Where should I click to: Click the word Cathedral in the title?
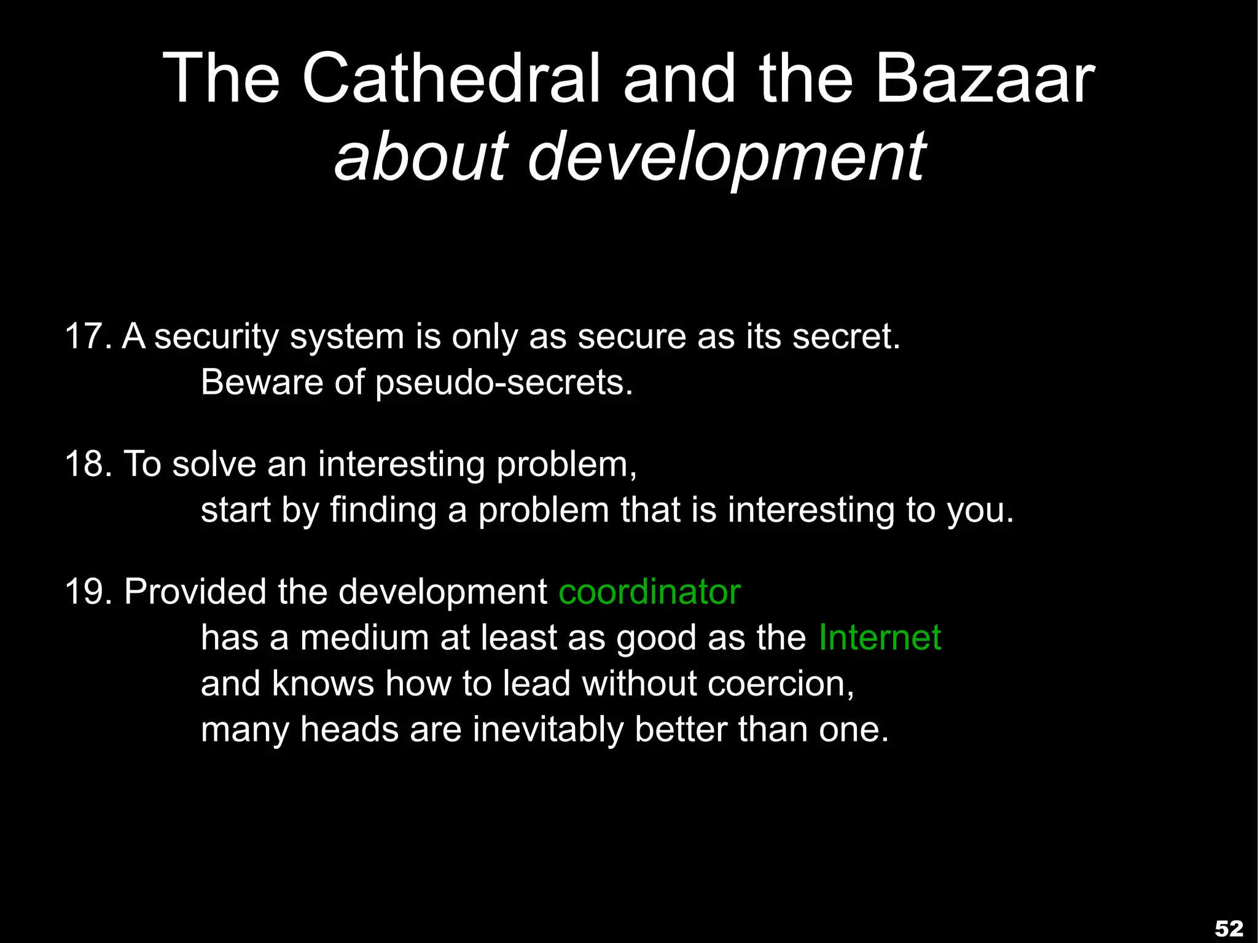tap(451, 79)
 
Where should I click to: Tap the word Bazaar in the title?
tap(985, 79)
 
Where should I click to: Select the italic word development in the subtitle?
tap(727, 157)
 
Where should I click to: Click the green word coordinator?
tap(649, 592)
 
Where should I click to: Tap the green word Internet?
tap(880, 638)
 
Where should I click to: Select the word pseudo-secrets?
tap(504, 383)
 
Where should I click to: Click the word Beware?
tap(262, 382)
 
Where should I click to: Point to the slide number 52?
tap(1229, 928)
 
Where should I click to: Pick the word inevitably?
tap(547, 730)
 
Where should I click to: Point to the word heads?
tap(350, 730)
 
